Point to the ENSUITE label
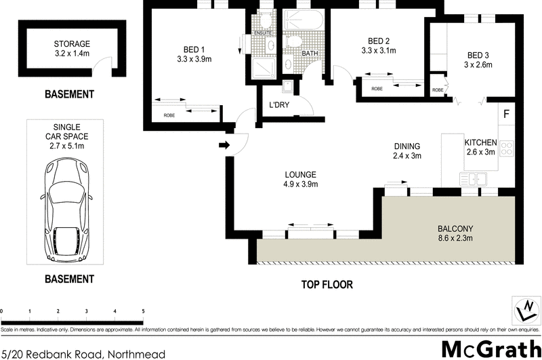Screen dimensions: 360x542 [x=263, y=32]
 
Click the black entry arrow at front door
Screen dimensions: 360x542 [x=224, y=145]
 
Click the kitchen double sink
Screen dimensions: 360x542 [x=472, y=179]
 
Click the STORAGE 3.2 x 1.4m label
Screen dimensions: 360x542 [x=72, y=49]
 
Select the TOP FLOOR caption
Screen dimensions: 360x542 [x=327, y=285]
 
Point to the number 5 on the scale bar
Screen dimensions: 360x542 [x=143, y=311]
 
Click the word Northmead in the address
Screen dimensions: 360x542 [x=135, y=353]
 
